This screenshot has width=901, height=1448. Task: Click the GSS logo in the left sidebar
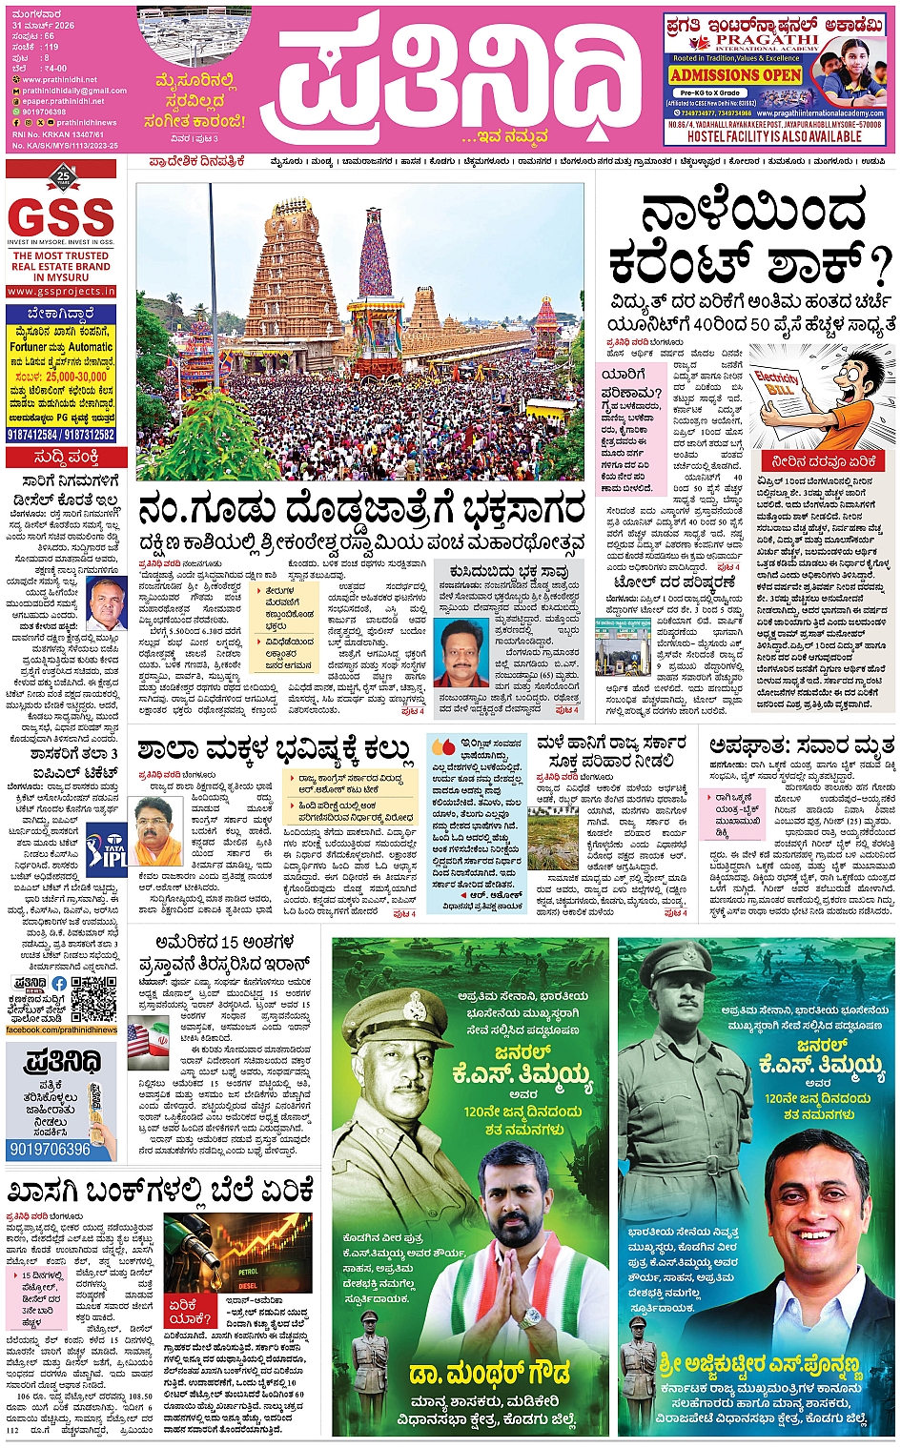coord(61,218)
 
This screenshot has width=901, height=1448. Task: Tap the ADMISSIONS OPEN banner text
coord(735,74)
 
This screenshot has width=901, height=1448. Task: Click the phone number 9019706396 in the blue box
coord(50,1149)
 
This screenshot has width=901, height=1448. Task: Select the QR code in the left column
coord(93,998)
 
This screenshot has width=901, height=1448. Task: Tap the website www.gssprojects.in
coord(61,291)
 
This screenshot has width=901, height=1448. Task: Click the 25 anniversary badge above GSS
coord(63,176)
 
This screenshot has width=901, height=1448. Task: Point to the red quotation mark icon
coord(443,746)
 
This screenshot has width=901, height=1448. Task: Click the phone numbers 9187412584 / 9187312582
coord(61,435)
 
